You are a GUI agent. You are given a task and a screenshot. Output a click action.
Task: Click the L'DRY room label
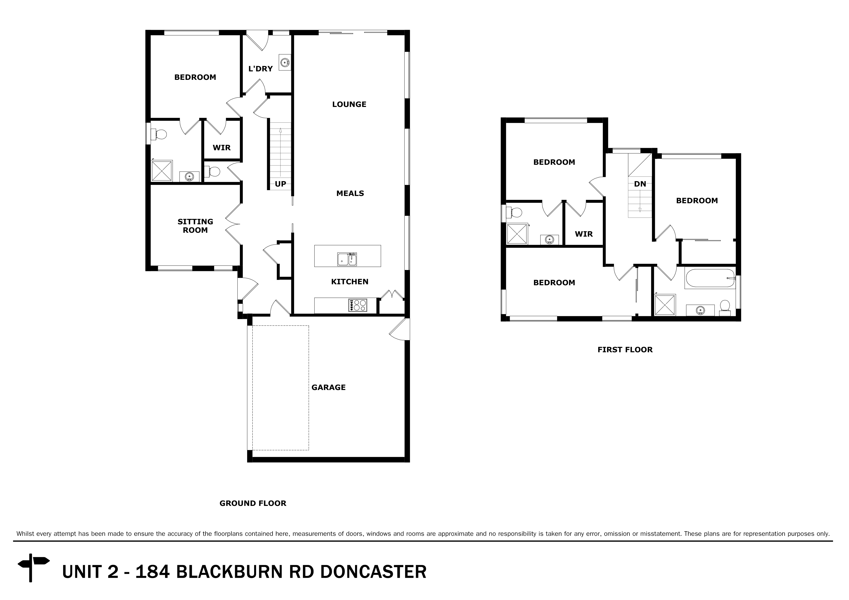[260, 69]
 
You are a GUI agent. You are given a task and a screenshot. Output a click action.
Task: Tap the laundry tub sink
[285, 62]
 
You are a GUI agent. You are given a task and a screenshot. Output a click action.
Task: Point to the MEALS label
[350, 193]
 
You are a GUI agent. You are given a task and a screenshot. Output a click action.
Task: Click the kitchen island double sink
[347, 259]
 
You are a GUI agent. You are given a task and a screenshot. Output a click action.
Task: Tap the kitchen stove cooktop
[357, 305]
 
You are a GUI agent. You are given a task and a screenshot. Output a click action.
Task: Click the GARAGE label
[328, 387]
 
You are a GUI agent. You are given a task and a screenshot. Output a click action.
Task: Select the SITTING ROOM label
[195, 226]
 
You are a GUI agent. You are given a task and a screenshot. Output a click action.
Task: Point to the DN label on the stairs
[640, 184]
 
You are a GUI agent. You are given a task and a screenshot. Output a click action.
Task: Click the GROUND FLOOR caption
[253, 503]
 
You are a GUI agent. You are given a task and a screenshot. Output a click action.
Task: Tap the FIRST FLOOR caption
[625, 350]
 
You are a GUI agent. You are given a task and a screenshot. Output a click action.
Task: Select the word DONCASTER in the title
[373, 571]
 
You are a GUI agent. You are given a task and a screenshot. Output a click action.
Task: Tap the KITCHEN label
[349, 282]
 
